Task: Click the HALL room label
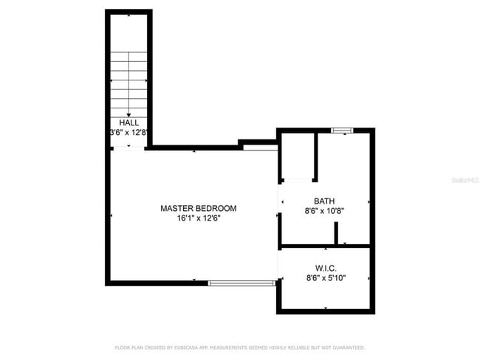coord(128,123)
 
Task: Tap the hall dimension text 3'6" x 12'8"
coord(128,133)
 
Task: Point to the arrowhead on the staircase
coord(128,114)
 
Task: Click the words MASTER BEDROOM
coord(193,209)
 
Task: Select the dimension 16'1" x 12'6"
coord(193,218)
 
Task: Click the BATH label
coord(324,201)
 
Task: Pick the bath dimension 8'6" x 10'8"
coord(324,210)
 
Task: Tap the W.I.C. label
coord(326,268)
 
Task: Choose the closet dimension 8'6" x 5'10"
coord(326,278)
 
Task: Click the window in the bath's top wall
coord(342,131)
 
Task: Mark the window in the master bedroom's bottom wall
coord(241,283)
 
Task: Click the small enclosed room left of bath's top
coord(298,156)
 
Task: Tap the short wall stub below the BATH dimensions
coord(336,234)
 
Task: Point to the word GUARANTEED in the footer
coord(346,347)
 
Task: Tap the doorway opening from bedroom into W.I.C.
coord(279,264)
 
